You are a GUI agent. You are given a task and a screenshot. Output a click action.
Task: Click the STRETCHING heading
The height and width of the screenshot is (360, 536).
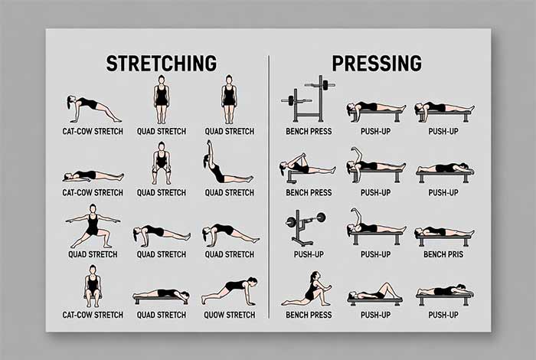coord(162,64)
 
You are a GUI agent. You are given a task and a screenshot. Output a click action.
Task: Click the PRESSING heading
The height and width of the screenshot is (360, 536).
coord(377,64)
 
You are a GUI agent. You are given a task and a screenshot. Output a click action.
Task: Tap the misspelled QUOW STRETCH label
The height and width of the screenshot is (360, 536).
coord(230,315)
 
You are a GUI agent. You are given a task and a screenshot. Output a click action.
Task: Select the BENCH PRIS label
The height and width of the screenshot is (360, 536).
coord(443,254)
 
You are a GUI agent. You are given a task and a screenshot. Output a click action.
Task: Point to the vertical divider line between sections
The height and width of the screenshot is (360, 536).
coord(269,187)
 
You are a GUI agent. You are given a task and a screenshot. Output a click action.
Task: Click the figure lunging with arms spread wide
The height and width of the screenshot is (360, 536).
coord(93,226)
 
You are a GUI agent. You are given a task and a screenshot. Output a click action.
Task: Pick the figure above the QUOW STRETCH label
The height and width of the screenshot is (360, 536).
coord(230,292)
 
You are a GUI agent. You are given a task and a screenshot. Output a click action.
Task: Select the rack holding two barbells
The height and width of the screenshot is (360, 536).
coord(308,99)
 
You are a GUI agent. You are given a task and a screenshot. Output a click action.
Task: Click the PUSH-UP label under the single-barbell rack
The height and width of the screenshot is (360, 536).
coord(309,254)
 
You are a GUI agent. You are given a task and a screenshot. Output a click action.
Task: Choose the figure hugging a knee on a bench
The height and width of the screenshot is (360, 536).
coord(308,168)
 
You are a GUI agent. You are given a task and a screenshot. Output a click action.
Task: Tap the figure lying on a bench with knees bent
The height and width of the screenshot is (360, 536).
coord(375,295)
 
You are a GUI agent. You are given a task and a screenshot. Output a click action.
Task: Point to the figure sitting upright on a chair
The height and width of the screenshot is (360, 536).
coord(93,286)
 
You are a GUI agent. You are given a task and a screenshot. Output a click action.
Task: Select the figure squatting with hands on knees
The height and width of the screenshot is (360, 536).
coord(161,163)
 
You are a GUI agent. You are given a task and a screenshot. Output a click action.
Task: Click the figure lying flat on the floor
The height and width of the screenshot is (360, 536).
coord(93,176)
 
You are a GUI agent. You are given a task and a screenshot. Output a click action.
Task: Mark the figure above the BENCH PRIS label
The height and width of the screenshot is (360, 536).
coord(444,236)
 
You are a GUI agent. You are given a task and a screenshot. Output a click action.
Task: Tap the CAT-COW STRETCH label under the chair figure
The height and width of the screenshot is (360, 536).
coord(93,315)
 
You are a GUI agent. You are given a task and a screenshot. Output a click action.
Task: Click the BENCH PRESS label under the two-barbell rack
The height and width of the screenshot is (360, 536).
coord(309,131)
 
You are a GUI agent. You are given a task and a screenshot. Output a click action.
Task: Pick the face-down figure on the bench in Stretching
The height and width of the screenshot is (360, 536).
coord(161,296)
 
